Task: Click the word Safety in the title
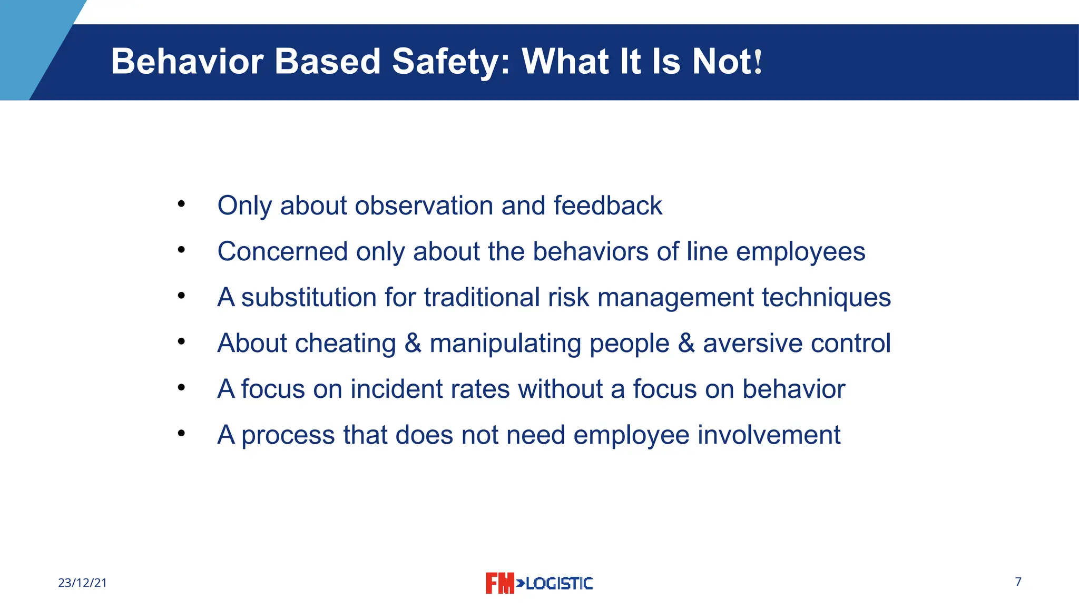tap(451, 62)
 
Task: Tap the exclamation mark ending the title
tap(758, 62)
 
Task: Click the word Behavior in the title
tap(187, 61)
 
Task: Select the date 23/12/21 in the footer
tap(82, 583)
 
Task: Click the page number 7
tap(1018, 582)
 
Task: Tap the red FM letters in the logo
tap(499, 583)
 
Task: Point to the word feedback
tap(607, 205)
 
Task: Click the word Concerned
tap(282, 251)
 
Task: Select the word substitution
tap(309, 297)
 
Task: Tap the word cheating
tap(346, 343)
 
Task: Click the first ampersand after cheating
tap(413, 343)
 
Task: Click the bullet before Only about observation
tap(181, 204)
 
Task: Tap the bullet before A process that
tap(181, 434)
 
